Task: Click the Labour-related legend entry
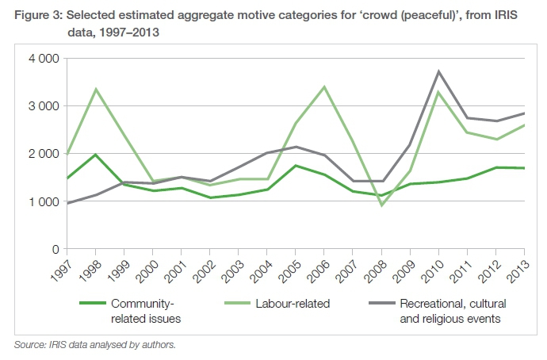293,303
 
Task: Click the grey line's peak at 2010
438,71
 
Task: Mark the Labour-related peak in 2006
323,86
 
